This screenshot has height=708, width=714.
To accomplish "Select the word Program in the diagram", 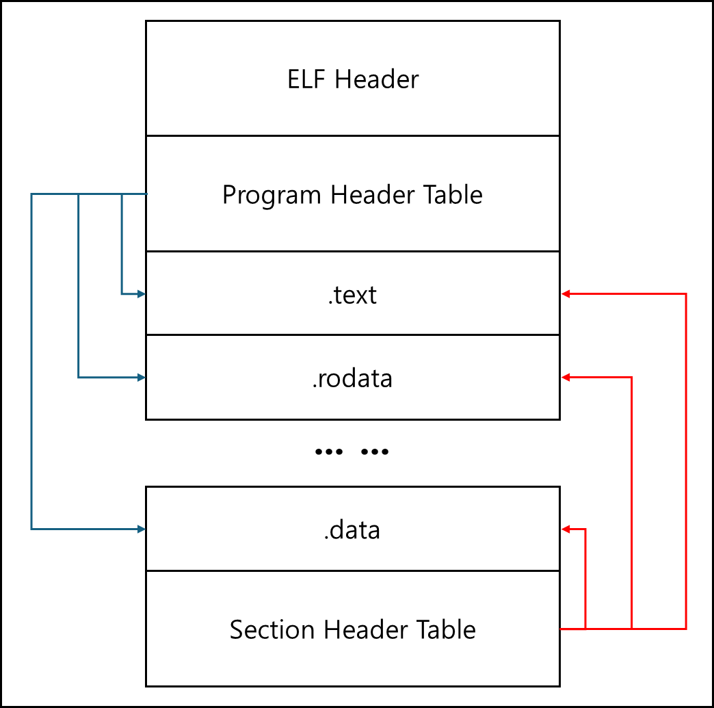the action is [x=272, y=196].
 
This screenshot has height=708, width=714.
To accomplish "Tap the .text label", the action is [x=352, y=296].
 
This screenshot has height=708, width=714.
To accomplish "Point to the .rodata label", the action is [x=352, y=378].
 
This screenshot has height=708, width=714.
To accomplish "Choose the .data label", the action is [x=352, y=530].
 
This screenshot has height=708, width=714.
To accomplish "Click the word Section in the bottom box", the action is [x=272, y=629].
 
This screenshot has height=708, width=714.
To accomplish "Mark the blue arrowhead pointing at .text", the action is [x=141, y=294].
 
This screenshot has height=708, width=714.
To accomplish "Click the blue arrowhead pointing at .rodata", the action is [x=141, y=378].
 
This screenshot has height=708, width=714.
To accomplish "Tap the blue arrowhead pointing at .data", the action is [x=141, y=529].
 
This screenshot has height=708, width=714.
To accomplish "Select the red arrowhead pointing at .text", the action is [x=566, y=294].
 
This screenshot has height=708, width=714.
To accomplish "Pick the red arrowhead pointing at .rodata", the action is [x=566, y=378].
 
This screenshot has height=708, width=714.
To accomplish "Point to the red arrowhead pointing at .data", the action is [x=566, y=529].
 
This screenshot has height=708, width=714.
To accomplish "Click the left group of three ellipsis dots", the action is [x=329, y=452].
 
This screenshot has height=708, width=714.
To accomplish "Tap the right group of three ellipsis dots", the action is [x=374, y=452].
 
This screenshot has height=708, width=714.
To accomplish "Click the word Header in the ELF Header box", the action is [x=377, y=79].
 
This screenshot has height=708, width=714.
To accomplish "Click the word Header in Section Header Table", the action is [x=366, y=629].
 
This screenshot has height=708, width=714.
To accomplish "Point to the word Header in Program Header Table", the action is [x=373, y=194].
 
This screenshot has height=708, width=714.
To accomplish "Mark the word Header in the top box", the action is [x=377, y=79].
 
